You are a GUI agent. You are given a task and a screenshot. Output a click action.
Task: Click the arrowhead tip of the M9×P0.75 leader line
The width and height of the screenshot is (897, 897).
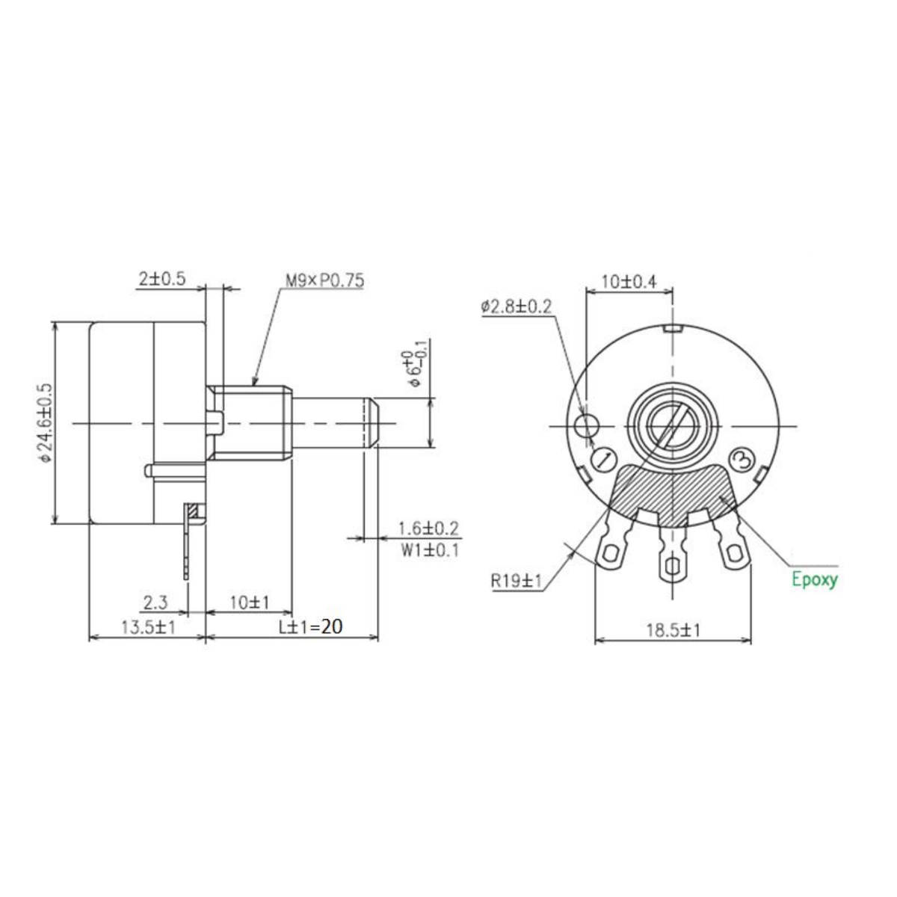253,386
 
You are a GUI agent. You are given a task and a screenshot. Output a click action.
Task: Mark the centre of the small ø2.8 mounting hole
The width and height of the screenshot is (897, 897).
587,425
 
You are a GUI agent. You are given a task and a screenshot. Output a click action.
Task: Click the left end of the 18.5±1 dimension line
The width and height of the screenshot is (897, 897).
595,641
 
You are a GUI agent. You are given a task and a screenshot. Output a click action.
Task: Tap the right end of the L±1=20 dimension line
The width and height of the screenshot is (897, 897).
378,637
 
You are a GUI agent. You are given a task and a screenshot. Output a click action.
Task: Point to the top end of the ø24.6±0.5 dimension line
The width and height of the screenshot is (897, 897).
55,323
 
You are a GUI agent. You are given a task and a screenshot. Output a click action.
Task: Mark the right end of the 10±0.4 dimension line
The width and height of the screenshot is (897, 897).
673,292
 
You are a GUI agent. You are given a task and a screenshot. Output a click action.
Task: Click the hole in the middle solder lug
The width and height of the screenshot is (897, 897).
672,567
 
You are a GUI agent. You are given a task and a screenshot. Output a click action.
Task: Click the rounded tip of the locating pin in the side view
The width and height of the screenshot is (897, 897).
147,471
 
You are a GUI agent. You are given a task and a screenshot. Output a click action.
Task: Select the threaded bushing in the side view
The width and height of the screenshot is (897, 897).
249,422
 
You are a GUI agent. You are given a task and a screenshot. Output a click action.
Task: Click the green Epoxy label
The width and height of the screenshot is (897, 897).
815,579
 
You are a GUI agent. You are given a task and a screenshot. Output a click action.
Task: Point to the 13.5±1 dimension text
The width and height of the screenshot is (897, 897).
148,627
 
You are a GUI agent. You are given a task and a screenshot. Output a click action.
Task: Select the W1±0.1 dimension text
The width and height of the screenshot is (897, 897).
430,551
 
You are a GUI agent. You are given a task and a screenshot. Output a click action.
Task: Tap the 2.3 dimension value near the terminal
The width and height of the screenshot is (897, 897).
155,603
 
